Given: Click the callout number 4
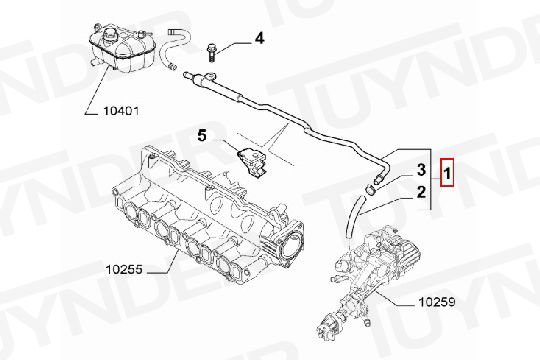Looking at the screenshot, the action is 259,38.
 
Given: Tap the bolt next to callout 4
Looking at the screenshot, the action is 211,53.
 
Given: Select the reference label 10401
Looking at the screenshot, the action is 121,111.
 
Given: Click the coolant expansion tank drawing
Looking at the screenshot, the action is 121,47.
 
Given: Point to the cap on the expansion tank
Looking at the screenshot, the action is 110,34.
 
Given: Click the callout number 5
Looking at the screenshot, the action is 202,135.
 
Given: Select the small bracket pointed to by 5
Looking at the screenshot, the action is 251,161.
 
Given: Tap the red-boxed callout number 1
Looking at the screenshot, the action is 447,173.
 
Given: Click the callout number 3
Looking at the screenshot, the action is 422,170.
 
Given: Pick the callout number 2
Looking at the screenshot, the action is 422,192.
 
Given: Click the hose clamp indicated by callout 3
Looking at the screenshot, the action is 370,189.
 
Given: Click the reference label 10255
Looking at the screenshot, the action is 124,269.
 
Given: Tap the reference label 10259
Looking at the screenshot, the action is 437,302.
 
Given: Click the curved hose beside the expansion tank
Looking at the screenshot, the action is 174,48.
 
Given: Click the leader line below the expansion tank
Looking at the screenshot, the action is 99,90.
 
